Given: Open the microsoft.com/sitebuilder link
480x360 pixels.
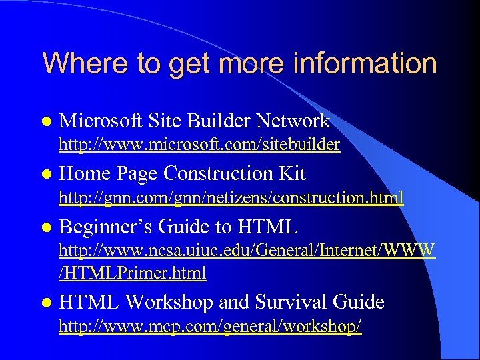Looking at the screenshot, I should point(200,144).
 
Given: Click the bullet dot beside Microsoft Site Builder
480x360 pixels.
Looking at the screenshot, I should point(45,121).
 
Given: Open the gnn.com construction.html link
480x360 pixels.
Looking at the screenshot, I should point(231,197).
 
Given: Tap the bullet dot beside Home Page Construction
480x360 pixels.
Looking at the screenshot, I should point(45,174).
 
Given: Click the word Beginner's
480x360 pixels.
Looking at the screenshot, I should point(107,227).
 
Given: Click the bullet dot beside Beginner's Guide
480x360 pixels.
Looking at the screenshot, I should point(45,227).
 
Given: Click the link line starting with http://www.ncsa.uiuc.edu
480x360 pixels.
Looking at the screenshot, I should point(247,251).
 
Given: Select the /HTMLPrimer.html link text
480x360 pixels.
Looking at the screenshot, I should point(133,273).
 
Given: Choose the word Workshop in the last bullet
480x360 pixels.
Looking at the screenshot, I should point(169,302).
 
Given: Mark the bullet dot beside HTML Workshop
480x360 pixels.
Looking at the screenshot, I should point(45,303).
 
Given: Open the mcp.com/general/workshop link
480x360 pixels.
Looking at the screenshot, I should point(211,327).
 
